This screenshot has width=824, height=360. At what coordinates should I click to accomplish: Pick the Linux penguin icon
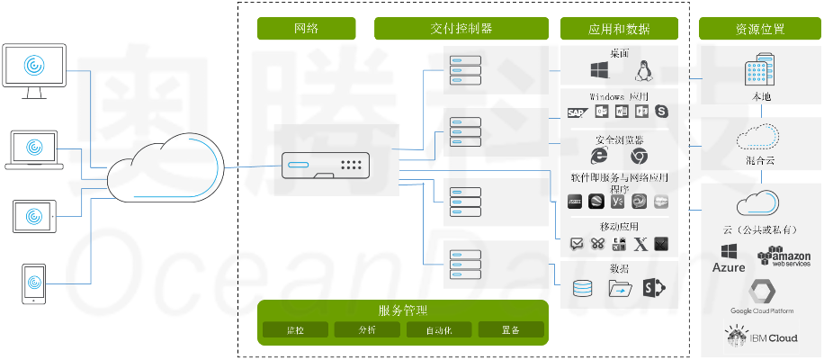pyautogui.click(x=643, y=71)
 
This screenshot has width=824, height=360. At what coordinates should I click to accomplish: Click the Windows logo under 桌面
pyautogui.click(x=599, y=71)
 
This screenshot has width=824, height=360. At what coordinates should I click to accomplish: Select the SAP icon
pyautogui.click(x=577, y=112)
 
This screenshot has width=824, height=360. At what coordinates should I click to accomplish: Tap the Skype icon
pyautogui.click(x=664, y=112)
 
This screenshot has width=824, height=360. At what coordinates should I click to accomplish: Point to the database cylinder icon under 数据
pyautogui.click(x=584, y=289)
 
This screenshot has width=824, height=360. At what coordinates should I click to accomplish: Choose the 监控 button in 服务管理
pyautogui.click(x=295, y=330)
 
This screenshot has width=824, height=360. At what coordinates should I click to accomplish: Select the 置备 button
pyautogui.click(x=511, y=330)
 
